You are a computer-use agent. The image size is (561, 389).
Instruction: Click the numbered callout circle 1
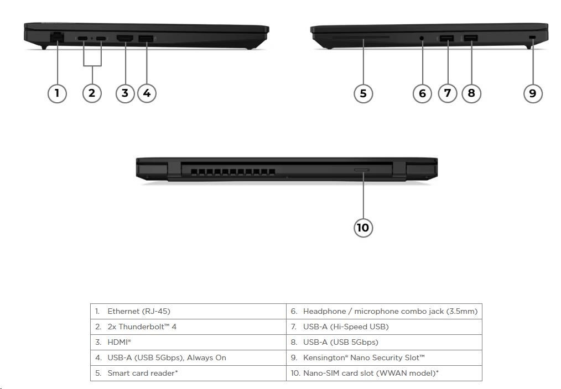point(56,93)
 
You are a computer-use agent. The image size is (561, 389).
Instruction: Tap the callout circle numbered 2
point(92,93)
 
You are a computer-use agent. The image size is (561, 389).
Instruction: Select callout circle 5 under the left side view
point(363,93)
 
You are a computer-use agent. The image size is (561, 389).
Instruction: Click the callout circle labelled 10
point(363,227)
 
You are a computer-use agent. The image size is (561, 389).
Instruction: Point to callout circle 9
point(532,93)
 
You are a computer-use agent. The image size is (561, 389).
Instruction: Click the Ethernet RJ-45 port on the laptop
point(56,37)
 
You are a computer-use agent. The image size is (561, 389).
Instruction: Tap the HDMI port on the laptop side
point(125,38)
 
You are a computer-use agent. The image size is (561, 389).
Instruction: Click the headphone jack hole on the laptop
point(422,39)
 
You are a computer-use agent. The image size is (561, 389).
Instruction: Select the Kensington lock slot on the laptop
point(532,37)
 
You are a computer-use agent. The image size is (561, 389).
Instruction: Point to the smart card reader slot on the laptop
point(363,38)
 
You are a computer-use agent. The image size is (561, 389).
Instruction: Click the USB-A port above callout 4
point(146,38)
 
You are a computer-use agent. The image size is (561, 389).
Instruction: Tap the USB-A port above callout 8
point(471,38)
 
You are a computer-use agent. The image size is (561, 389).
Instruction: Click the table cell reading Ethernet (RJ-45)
point(188,311)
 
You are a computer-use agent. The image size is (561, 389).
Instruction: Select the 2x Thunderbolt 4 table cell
point(188,327)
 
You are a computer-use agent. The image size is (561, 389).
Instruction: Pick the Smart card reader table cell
point(188,373)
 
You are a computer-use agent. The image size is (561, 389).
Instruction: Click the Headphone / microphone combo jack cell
point(384,311)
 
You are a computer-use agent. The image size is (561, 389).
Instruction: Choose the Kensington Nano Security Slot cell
point(384,358)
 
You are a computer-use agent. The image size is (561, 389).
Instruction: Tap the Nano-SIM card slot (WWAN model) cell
point(384,373)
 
